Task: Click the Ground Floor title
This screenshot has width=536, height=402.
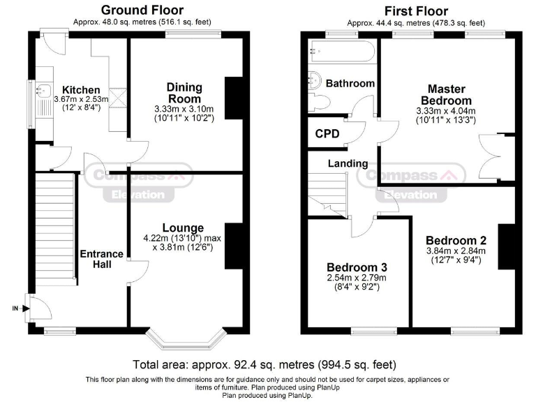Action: pyautogui.click(x=142, y=10)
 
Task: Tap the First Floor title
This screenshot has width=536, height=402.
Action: pyautogui.click(x=416, y=11)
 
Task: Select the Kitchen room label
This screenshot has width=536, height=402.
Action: pyautogui.click(x=81, y=90)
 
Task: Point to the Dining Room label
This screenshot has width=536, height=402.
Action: pyautogui.click(x=184, y=93)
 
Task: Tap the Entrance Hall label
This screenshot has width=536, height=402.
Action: pyautogui.click(x=101, y=259)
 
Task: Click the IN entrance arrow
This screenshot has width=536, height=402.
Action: pyautogui.click(x=21, y=308)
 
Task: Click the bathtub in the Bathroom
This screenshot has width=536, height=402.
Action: pyautogui.click(x=342, y=51)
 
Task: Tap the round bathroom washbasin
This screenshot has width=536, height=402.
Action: pyautogui.click(x=315, y=80)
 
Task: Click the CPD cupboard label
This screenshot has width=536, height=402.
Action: pyautogui.click(x=327, y=134)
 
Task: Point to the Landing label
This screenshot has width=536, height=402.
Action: pyautogui.click(x=348, y=163)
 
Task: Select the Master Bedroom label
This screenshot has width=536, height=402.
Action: pyautogui.click(x=446, y=95)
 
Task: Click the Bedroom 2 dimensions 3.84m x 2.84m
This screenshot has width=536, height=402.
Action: pyautogui.click(x=456, y=251)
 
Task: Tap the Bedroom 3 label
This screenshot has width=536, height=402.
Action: pyautogui.click(x=357, y=267)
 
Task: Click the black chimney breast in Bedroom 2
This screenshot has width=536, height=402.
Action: pyautogui.click(x=506, y=247)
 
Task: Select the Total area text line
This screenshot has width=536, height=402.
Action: pyautogui.click(x=265, y=365)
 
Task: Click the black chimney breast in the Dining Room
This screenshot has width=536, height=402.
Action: pyautogui.click(x=234, y=98)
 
